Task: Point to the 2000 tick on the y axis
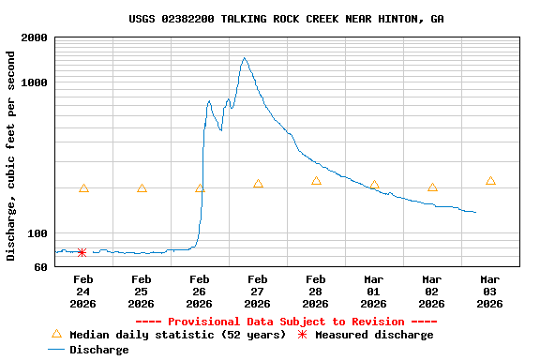point(36,38)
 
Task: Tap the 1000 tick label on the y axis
point(36,83)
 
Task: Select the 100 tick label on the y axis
point(38,233)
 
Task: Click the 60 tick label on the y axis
point(41,267)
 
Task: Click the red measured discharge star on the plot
point(82,252)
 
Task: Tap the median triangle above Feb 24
point(83,188)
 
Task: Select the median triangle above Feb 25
point(142,188)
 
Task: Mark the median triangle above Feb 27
point(258,184)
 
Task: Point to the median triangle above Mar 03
point(490,181)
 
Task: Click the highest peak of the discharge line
point(245,58)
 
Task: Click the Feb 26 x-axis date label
point(199,291)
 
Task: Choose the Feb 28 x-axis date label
point(315,291)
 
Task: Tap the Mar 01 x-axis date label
point(373,291)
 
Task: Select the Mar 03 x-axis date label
point(489,291)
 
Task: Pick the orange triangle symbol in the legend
point(56,334)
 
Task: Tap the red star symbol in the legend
point(302,335)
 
